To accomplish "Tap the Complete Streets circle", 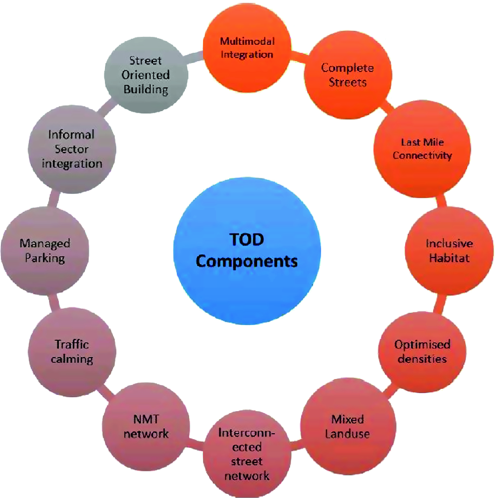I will [x=347, y=75].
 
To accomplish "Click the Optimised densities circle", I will [x=421, y=351].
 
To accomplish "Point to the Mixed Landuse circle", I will [x=347, y=426].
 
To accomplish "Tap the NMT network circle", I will [x=146, y=426].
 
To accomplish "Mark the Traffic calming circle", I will [x=72, y=352].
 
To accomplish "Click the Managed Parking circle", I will [x=45, y=250].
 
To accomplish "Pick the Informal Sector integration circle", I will [x=72, y=149].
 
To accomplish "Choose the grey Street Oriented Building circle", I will [x=146, y=75].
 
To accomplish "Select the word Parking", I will [x=45, y=258].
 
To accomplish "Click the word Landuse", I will [x=347, y=434].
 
